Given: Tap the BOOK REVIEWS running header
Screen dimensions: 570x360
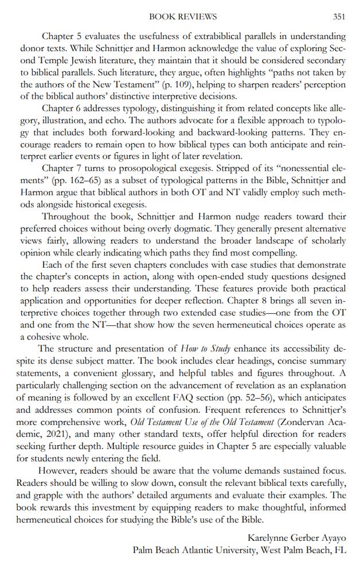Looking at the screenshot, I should (182, 17).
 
